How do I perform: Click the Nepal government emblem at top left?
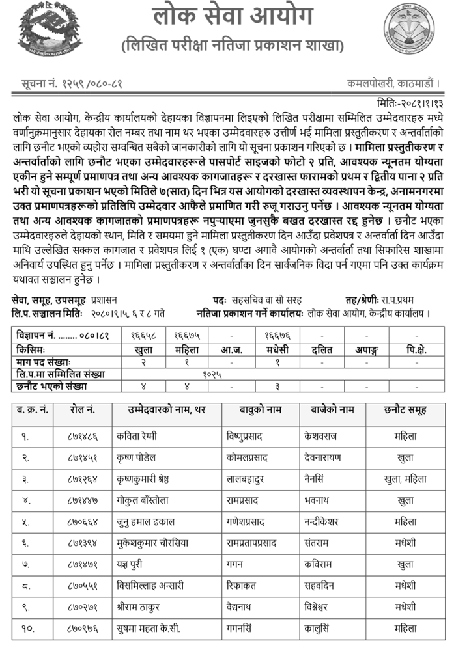pyautogui.click(x=44, y=30)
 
